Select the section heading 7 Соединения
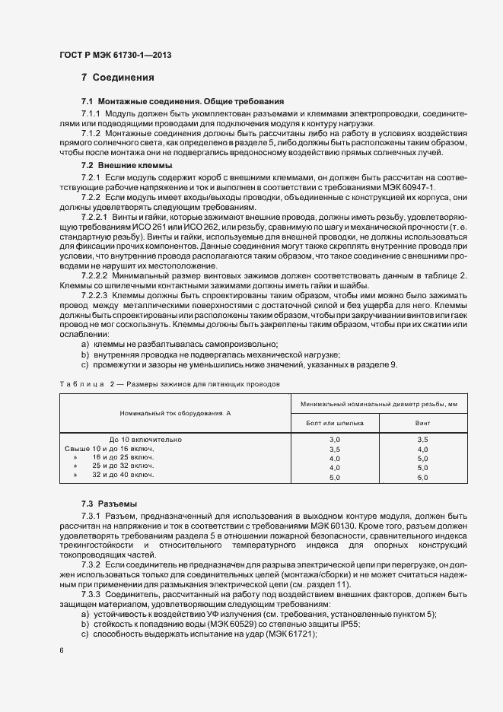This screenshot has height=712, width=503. click(x=118, y=77)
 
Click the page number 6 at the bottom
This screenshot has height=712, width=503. click(x=61, y=651)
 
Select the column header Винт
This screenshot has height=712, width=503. click(x=422, y=421)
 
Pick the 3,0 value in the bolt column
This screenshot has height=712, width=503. click(x=335, y=440)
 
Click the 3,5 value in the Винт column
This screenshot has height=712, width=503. click(x=422, y=440)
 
